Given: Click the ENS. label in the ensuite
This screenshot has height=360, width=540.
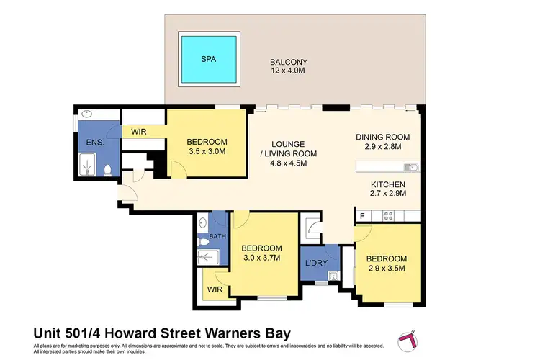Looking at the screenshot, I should coord(94,143).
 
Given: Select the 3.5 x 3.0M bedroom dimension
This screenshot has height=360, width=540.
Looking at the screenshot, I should coord(207,152).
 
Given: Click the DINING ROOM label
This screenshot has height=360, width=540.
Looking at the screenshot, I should coord(382,137).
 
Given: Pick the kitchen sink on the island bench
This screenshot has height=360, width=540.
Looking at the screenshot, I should coord(411,168).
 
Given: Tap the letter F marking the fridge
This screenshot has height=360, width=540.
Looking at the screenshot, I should coord(361,215).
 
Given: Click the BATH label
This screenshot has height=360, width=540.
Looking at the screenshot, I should coord(217,236).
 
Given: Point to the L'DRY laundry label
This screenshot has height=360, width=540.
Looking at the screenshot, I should coord(317,263).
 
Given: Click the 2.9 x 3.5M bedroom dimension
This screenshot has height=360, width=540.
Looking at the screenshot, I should coord(387,269).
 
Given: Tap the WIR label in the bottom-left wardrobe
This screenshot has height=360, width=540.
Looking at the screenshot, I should coord(214,289).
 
